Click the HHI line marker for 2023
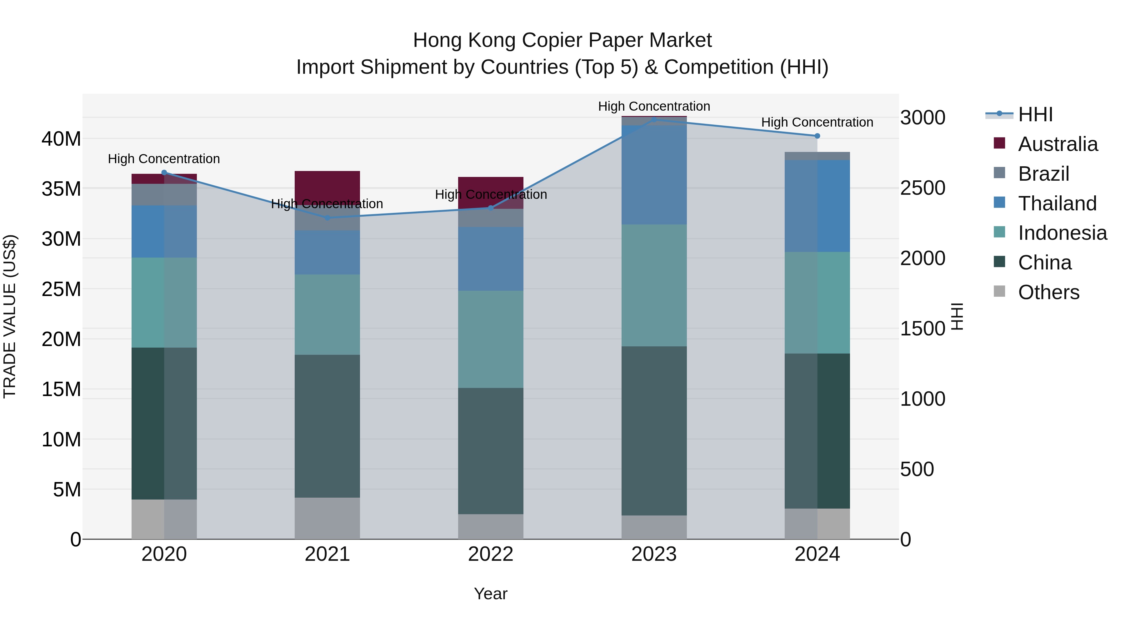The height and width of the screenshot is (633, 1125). pos(654,120)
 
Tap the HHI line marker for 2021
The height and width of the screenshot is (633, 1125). pos(327,218)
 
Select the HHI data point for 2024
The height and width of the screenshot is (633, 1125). pos(817,136)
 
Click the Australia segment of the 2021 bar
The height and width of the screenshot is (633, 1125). pos(327,186)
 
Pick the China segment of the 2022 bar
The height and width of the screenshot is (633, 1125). pos(490,451)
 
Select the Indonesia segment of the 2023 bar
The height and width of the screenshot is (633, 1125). pos(654,285)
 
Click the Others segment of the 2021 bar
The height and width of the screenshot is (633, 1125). pos(327,518)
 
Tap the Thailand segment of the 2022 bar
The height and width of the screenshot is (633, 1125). pos(490,259)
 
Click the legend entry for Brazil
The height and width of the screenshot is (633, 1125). pos(1043,174)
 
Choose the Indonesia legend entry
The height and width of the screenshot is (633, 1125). pos(1062,233)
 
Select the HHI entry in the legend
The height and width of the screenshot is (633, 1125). pos(1035,114)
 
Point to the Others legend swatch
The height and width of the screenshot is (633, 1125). pos(999,291)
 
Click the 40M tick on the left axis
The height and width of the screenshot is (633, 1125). pos(61,139)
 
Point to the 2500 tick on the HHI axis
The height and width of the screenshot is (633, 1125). pos(922,188)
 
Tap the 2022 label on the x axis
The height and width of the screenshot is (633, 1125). pos(490,554)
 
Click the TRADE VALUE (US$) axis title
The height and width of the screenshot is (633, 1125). pos(10,316)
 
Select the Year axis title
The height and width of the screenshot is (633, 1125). pos(490,594)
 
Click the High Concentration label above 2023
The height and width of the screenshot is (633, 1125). pos(654,106)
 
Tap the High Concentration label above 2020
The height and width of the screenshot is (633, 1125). pos(164,158)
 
